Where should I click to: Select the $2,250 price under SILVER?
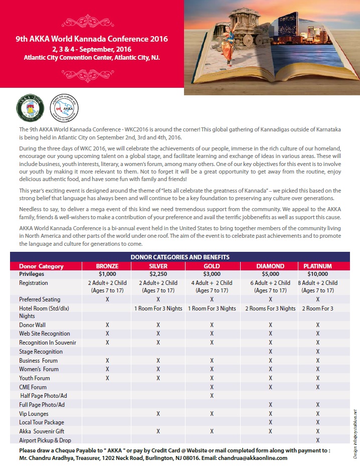(158, 274)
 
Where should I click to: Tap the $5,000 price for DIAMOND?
(270, 274)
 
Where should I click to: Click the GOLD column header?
(212, 266)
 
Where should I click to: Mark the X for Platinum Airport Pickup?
(318, 440)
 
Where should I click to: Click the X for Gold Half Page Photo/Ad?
(212, 396)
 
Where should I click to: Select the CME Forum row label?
(33, 387)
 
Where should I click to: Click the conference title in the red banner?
(91, 39)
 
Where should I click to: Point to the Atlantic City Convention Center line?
(91, 57)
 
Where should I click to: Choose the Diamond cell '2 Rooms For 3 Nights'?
(270, 308)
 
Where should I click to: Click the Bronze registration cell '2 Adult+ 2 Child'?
(107, 286)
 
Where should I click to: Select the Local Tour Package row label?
(41, 422)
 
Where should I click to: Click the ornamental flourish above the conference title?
(91, 21)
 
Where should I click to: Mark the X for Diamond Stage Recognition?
(270, 352)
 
